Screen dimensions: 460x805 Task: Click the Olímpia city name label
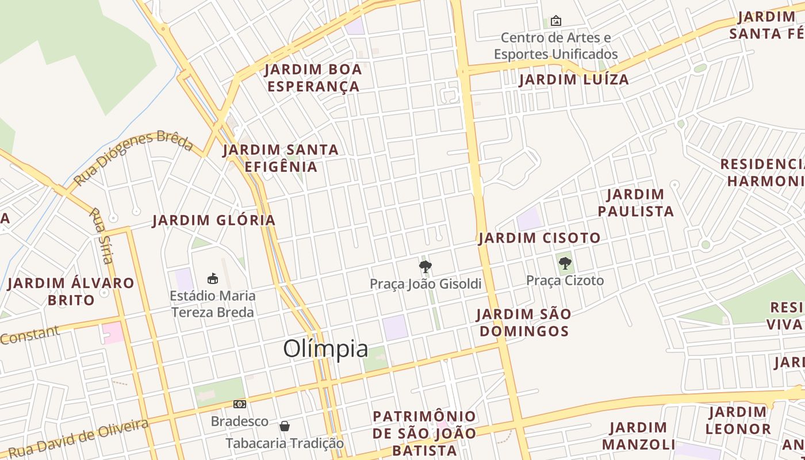tap(325, 349)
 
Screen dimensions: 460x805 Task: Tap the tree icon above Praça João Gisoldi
tap(425, 267)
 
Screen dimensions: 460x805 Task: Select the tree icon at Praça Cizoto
tap(565, 264)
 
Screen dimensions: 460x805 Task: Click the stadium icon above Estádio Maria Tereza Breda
tap(213, 279)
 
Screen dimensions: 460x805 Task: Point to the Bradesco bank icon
tap(240, 404)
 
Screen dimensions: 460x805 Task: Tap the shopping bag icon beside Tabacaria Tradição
tap(284, 426)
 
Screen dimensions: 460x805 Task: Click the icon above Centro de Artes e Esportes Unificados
tap(555, 21)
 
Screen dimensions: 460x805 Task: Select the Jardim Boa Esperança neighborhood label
tap(313, 78)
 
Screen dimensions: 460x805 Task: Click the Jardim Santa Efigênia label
tap(281, 158)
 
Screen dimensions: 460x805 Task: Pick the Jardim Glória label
tap(214, 220)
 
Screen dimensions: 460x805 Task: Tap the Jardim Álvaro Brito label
tap(71, 292)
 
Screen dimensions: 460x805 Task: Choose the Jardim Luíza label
tap(574, 80)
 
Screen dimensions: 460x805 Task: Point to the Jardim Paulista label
tap(635, 203)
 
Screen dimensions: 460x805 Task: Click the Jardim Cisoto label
tap(539, 238)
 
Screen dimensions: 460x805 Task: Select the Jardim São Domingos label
tap(524, 323)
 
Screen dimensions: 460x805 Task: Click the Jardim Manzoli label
tap(639, 436)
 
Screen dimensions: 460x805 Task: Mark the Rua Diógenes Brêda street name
tap(133, 158)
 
